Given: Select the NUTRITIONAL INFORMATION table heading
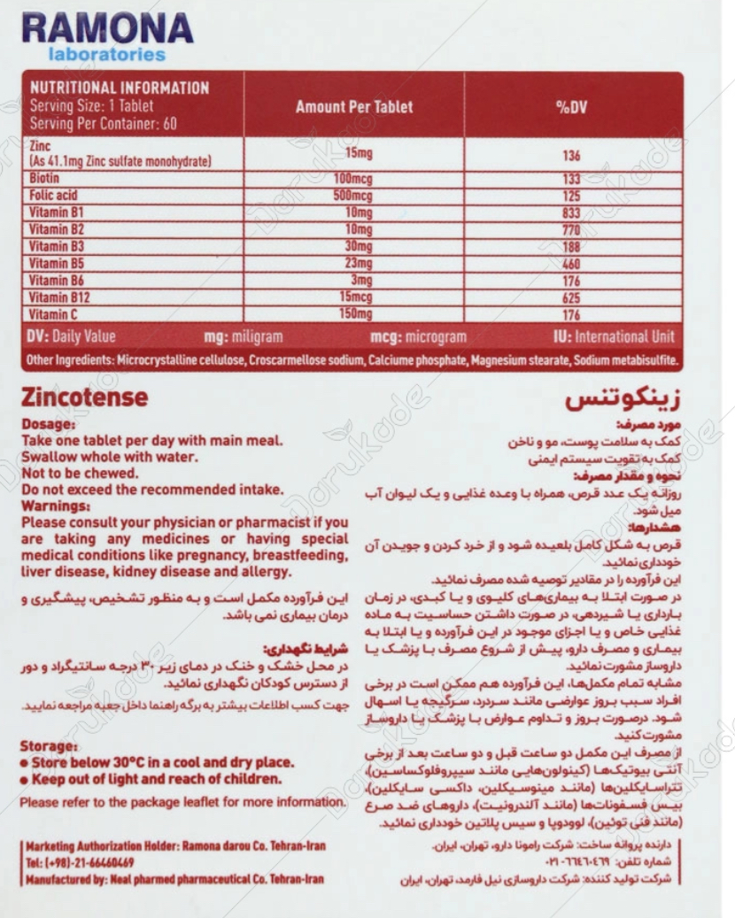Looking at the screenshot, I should point(120,88).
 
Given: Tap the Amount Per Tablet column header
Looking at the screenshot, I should point(354,107).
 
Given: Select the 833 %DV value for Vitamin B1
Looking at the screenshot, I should point(571,212).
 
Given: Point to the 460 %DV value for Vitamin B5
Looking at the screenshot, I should point(571,264).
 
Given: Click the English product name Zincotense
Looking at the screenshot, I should point(85,399).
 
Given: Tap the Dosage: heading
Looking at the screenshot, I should point(50,425).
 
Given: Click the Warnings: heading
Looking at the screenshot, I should point(55,506).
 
